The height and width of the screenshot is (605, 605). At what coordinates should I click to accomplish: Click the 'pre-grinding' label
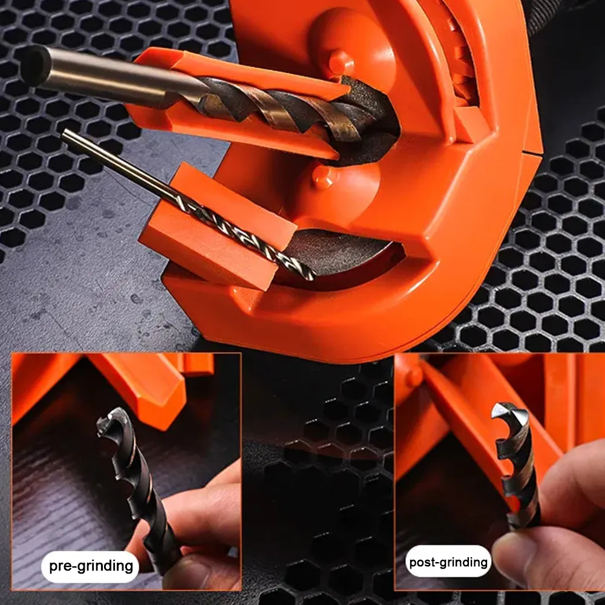click(x=91, y=566)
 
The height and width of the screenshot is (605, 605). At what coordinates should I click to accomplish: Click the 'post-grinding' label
click(x=448, y=562)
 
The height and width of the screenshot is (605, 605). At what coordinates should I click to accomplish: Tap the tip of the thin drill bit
click(x=311, y=276)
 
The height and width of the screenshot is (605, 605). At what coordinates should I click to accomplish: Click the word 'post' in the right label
click(x=424, y=562)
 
